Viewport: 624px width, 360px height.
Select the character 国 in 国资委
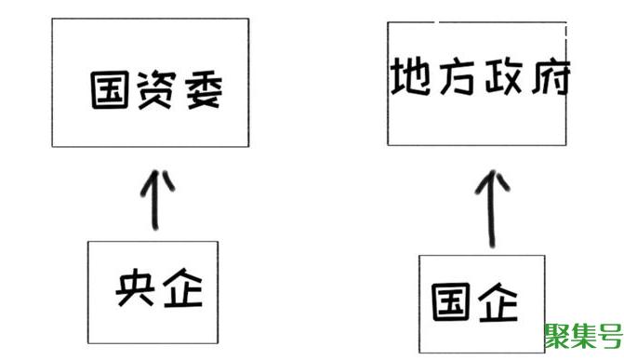pyautogui.click(x=111, y=91)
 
